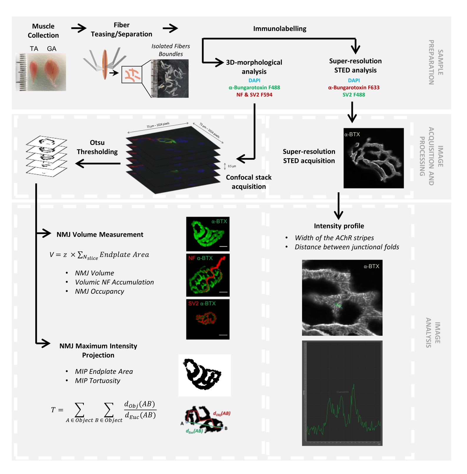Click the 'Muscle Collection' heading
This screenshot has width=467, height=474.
43,31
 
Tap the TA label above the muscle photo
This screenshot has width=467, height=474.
34,49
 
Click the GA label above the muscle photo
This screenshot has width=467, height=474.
52,49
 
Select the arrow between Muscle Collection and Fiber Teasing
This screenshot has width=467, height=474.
79,28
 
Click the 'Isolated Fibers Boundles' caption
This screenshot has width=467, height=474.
171,50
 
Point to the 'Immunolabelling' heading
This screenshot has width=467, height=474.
280,29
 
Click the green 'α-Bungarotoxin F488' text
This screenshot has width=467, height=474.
254,87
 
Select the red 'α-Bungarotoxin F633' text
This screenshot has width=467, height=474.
354,87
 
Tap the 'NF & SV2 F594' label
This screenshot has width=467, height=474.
254,95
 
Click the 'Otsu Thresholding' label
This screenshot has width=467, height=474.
97,147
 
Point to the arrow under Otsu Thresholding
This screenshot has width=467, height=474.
98,163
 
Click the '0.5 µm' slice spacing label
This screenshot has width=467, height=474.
232,166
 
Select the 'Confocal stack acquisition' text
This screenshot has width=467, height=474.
249,182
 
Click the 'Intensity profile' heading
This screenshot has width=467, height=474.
339,226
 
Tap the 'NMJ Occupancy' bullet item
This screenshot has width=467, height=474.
99,291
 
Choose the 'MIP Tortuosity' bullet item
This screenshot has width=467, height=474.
98,380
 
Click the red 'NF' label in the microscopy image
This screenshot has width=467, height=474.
192,258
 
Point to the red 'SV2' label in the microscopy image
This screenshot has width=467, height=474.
194,303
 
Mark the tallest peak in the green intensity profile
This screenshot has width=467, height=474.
353,384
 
